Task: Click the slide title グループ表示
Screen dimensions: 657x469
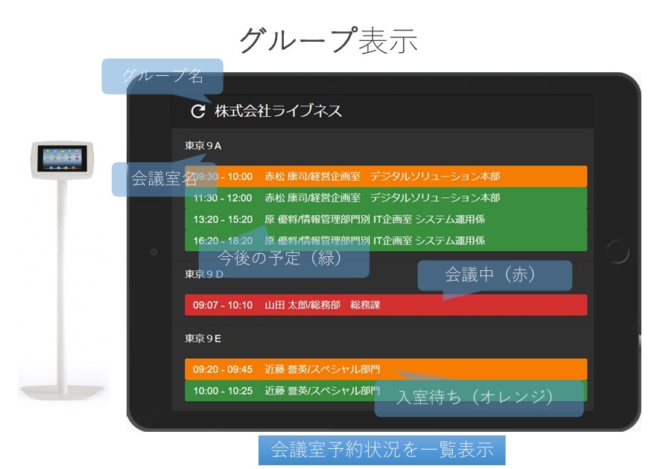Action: pos(328,40)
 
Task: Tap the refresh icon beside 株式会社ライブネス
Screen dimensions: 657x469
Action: pos(197,112)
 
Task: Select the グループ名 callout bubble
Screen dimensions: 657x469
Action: pos(162,76)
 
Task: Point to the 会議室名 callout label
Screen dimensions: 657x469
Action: pos(164,179)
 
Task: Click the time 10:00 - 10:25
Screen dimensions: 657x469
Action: pos(222,391)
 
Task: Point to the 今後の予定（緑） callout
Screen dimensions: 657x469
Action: pos(284,258)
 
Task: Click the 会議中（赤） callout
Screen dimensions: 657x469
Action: pos(495,275)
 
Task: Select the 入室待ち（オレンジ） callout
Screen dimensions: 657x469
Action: pos(478,398)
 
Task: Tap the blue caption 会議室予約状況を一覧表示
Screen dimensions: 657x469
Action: pos(381,450)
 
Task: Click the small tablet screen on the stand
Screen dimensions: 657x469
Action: pos(65,157)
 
